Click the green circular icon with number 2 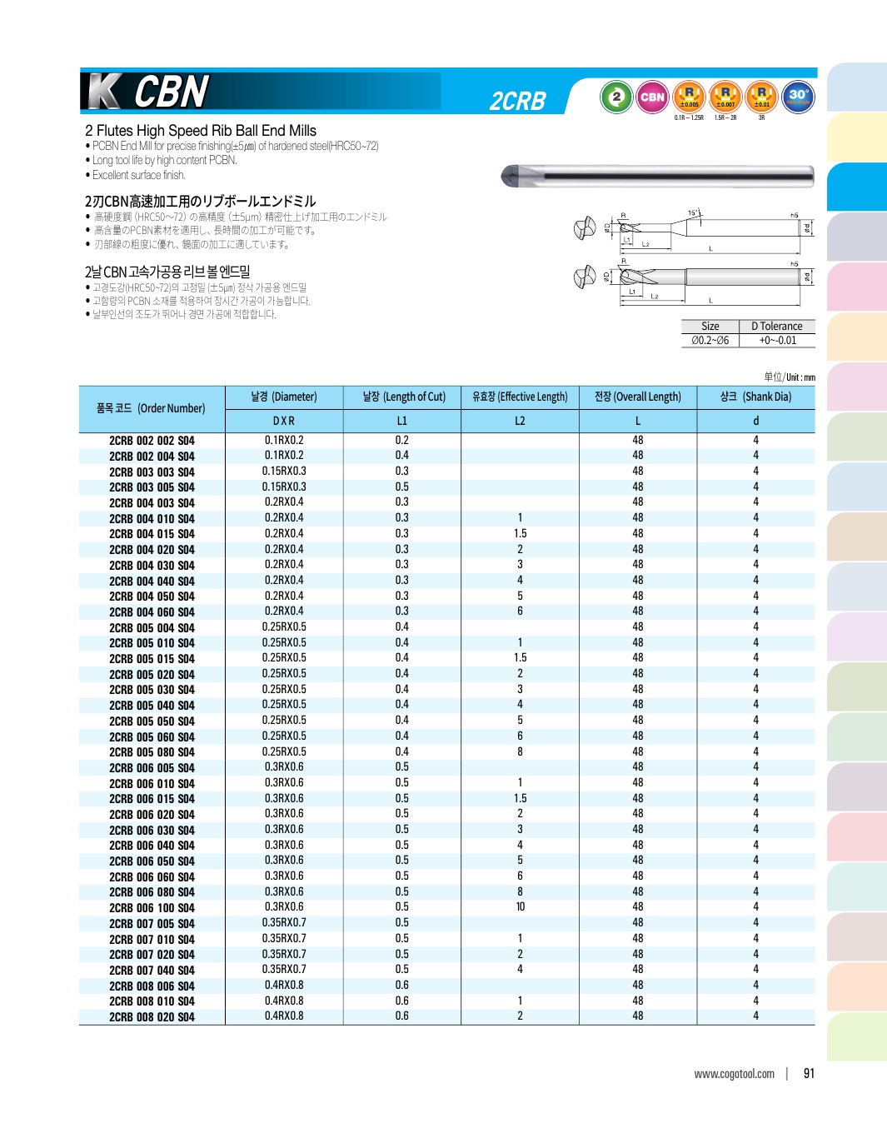pos(616,97)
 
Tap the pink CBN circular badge pos(652,97)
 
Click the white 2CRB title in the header pos(517,102)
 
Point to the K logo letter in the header pos(103,92)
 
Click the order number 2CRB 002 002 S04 pos(152,441)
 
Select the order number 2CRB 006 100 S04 pos(152,908)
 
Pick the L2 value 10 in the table pos(520,907)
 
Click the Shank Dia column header pos(755,397)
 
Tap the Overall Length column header pos(637,397)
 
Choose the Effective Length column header pos(520,397)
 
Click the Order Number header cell pos(151,408)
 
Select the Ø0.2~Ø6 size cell pos(710,340)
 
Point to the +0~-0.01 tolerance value pos(777,340)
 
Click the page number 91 pos(809,1074)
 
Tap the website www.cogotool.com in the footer pos(734,1074)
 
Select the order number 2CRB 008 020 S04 pos(152,1017)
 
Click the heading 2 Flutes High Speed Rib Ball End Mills pos(201,131)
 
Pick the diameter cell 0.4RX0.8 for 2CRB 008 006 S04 pos(284,985)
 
